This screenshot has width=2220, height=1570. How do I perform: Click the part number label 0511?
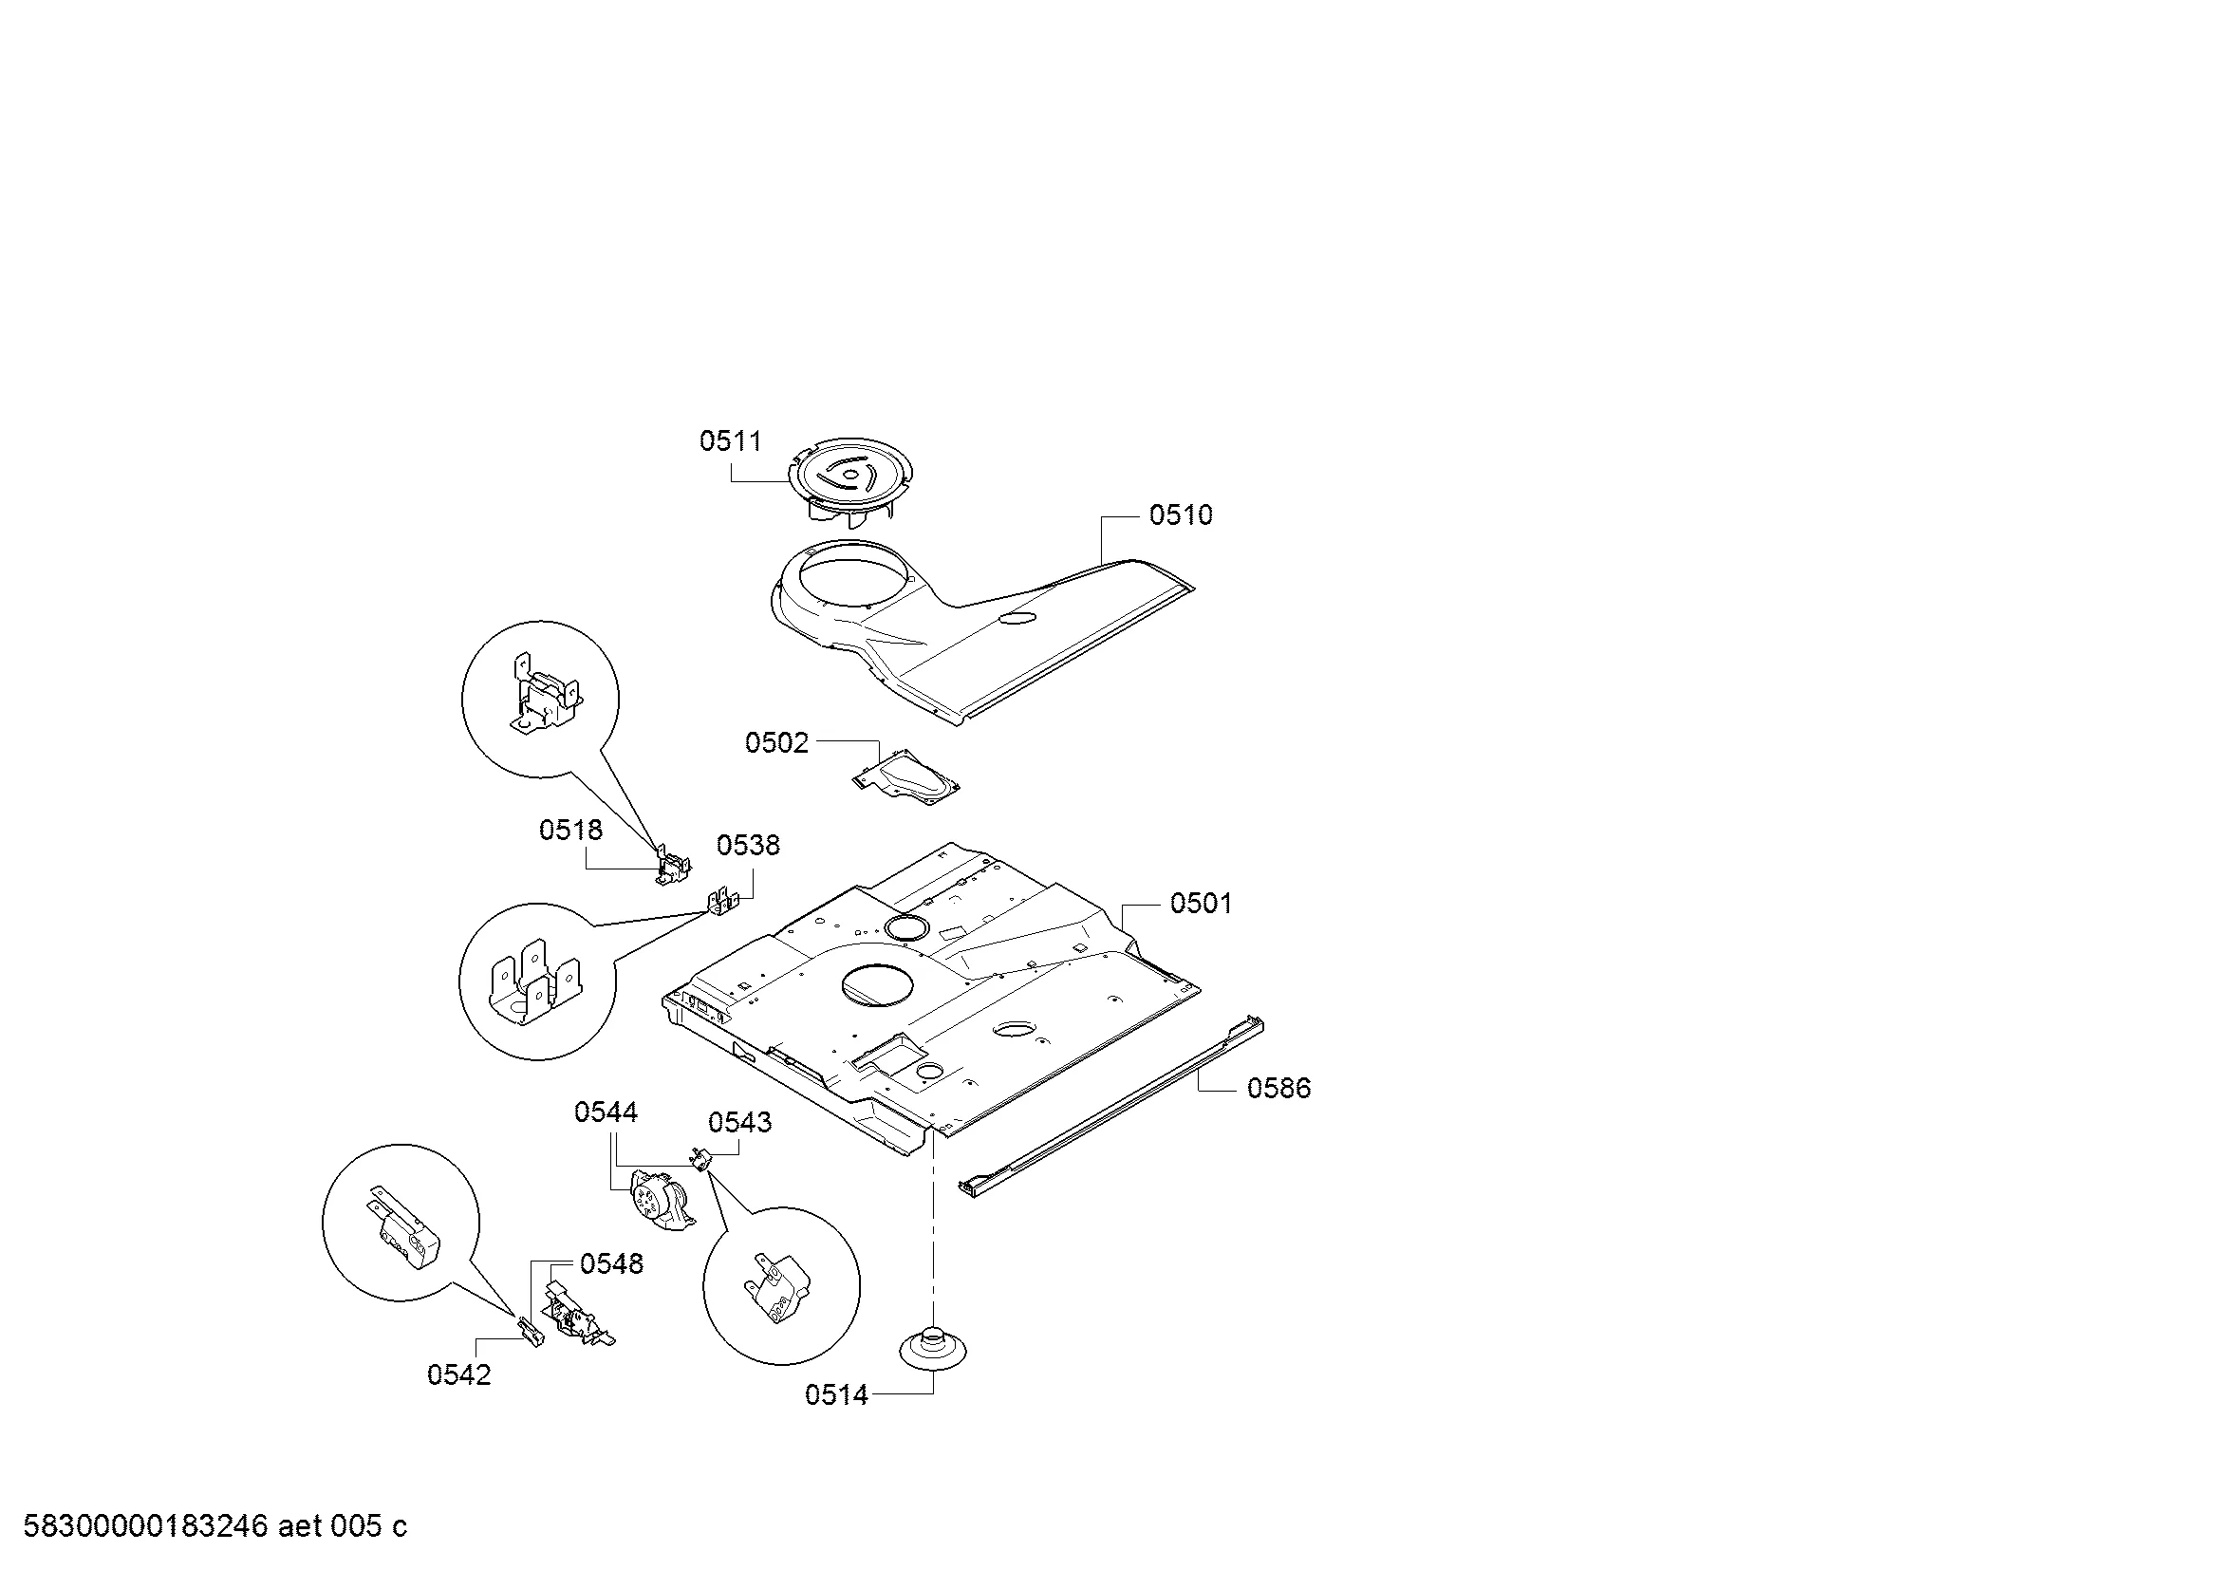pyautogui.click(x=730, y=440)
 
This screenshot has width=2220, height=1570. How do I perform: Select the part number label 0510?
pyautogui.click(x=1181, y=514)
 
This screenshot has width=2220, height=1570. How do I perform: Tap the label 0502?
pyautogui.click(x=776, y=742)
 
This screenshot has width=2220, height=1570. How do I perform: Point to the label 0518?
pyautogui.click(x=570, y=830)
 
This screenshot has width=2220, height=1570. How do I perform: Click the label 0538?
pyautogui.click(x=747, y=845)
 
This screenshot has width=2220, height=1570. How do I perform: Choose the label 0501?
pyautogui.click(x=1201, y=903)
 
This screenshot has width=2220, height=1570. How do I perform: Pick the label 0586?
pyautogui.click(x=1279, y=1088)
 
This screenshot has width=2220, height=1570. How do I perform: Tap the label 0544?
pyautogui.click(x=606, y=1112)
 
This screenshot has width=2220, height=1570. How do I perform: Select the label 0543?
pyautogui.click(x=739, y=1121)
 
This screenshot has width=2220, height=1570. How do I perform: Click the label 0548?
pyautogui.click(x=611, y=1263)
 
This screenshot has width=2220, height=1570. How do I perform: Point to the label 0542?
pyautogui.click(x=459, y=1374)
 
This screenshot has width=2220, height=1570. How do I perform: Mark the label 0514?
pyautogui.click(x=836, y=1394)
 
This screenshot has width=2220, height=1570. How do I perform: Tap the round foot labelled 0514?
pyautogui.click(x=933, y=1348)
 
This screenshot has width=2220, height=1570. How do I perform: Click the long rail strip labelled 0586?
pyautogui.click(x=1112, y=1106)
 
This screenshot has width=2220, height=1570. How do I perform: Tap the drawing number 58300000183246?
pyautogui.click(x=145, y=1525)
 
